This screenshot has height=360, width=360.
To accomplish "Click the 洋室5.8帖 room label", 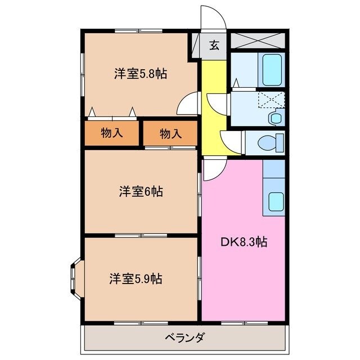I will click(141, 74).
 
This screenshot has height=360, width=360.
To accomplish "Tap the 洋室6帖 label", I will click(141, 192).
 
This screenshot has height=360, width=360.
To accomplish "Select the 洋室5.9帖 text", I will click(136, 278).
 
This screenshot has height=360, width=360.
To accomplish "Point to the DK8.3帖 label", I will click(244, 242).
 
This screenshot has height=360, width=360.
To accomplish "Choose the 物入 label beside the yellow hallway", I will click(170, 134).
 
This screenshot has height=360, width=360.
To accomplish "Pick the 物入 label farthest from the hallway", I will click(111, 133).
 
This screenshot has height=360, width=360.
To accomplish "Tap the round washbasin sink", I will click(275, 118).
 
